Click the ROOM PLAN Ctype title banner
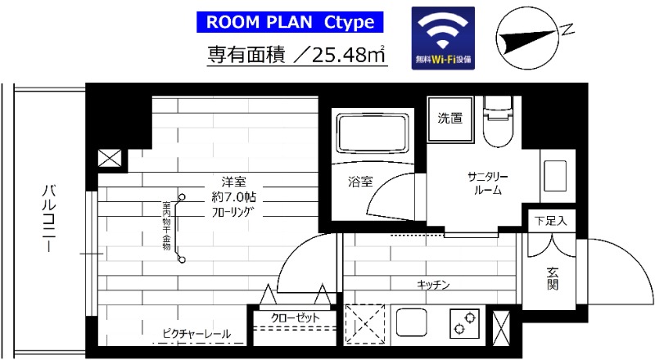coord(291,21)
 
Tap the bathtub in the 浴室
coord(372,131)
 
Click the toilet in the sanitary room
coord(497,123)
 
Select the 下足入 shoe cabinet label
coord(550,220)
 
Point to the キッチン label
coord(433,285)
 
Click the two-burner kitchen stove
coord(464,322)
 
